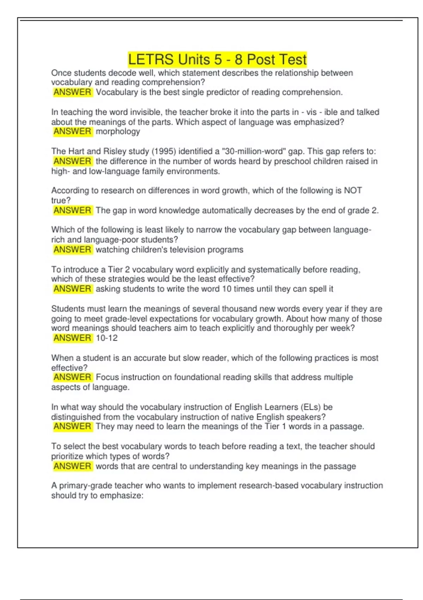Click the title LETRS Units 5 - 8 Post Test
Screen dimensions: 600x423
(217, 59)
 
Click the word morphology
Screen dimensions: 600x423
(118, 132)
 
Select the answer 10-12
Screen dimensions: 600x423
(106, 338)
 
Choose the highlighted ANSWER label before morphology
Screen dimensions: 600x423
(72, 132)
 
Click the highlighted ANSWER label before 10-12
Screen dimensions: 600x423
(72, 338)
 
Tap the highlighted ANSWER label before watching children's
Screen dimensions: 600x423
(72, 250)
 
